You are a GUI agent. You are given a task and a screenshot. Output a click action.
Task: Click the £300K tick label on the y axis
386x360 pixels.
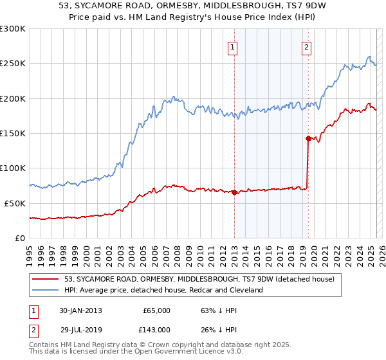pos(13,29)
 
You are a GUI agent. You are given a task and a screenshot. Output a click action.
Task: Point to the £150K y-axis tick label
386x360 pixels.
pos(13,133)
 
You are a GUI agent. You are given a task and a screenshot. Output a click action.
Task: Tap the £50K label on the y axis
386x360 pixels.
pos(15,203)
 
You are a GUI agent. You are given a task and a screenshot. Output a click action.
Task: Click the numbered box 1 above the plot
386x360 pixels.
pos(232,46)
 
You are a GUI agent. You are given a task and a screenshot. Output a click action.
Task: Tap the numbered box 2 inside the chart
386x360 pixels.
pos(306,46)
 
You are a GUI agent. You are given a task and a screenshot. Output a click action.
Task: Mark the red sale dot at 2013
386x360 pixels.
pos(234,192)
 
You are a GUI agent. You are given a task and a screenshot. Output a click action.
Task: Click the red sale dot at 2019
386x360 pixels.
pos(308,138)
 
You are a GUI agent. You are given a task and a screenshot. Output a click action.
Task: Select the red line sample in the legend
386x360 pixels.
pos(46,280)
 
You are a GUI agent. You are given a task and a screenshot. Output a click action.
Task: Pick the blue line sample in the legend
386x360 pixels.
pos(46,291)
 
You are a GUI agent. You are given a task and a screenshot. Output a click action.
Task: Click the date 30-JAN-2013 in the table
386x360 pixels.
pos(80,310)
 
